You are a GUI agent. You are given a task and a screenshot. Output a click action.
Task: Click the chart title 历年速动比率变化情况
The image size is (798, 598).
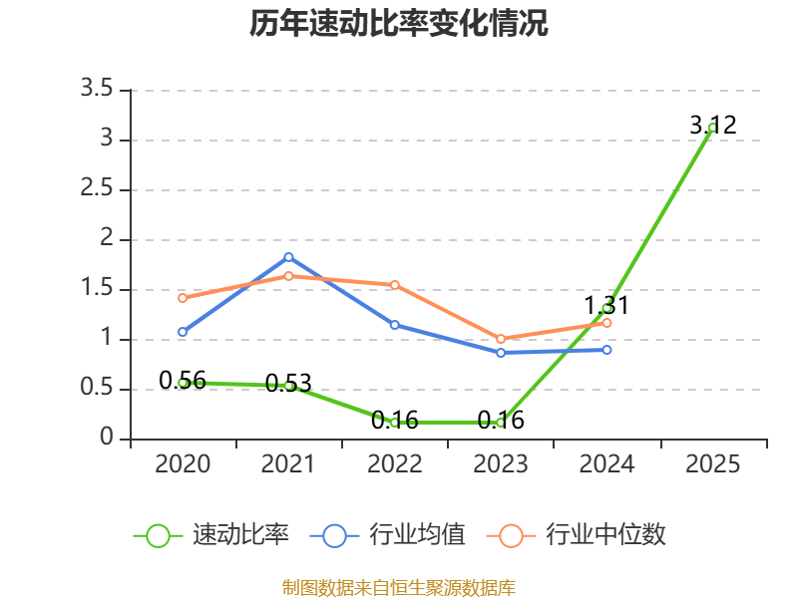click(398, 23)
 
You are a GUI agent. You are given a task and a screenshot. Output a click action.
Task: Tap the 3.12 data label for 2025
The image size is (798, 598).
click(713, 126)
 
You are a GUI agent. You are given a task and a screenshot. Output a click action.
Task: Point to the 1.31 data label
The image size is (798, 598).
click(606, 306)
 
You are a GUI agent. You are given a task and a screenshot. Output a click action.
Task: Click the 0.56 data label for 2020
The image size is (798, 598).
click(183, 381)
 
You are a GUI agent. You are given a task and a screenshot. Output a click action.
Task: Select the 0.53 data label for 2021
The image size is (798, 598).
click(288, 384)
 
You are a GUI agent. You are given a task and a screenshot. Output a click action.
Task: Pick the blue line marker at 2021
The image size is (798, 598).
click(288, 257)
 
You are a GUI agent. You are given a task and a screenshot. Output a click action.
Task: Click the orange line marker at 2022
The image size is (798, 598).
click(394, 285)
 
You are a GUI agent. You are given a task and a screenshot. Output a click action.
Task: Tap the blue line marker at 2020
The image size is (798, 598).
click(183, 332)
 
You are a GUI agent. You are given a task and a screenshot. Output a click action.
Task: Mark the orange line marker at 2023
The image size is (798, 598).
click(501, 339)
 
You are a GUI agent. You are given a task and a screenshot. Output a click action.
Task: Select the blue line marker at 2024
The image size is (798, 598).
click(606, 350)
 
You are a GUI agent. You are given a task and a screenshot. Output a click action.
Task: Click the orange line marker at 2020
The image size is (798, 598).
click(183, 298)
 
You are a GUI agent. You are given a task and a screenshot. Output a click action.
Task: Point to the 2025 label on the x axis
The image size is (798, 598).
click(712, 464)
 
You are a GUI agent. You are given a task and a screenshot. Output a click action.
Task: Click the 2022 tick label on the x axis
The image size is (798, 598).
click(394, 464)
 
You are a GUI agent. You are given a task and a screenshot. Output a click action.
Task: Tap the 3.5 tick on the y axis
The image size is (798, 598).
click(97, 89)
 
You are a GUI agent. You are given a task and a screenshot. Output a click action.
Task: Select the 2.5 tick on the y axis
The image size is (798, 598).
click(97, 188)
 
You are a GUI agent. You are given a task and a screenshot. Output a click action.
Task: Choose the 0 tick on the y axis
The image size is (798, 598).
click(107, 438)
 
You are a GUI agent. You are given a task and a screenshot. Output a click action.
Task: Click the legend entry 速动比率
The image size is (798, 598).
click(211, 535)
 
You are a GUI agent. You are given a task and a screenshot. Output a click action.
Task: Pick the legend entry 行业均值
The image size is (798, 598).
click(388, 535)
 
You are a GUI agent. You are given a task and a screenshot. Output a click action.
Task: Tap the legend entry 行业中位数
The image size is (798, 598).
click(577, 535)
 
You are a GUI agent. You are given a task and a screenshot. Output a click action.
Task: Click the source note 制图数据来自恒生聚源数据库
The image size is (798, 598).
click(399, 588)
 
